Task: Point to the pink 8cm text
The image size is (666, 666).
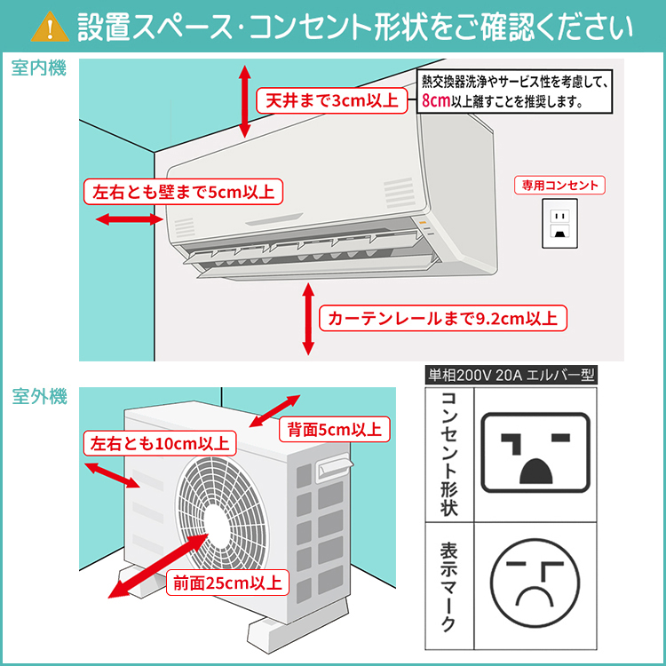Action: tap(436, 101)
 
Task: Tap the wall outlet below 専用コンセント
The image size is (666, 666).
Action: tap(559, 224)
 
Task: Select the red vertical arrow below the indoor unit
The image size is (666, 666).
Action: tap(308, 318)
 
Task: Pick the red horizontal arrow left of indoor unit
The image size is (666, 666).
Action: tap(115, 218)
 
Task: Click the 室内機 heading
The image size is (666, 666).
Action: tap(40, 69)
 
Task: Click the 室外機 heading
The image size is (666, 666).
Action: tap(40, 397)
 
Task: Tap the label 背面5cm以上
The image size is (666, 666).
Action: tap(334, 430)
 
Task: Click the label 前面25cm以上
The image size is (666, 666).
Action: tap(227, 583)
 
